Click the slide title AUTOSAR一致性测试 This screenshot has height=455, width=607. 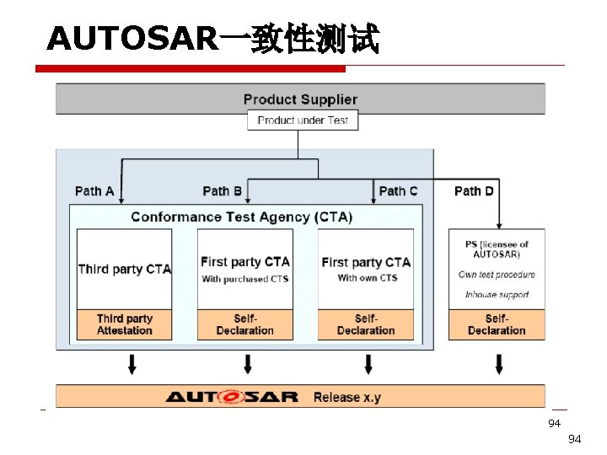click(x=213, y=39)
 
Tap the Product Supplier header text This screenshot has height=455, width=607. click(x=300, y=99)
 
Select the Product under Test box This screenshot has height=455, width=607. click(x=303, y=120)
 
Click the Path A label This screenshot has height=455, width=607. click(x=94, y=191)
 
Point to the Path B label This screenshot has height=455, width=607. click(x=223, y=191)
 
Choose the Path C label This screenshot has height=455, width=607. click(x=398, y=191)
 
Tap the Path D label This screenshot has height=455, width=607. click(x=474, y=191)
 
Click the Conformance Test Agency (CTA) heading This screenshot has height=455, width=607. click(x=242, y=217)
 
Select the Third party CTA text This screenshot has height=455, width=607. click(x=124, y=270)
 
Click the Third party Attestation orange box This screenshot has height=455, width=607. click(x=124, y=324)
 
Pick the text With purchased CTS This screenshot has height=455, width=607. click(x=245, y=279)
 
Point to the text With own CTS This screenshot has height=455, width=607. click(x=367, y=278)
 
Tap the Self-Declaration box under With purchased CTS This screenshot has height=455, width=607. click(x=245, y=324)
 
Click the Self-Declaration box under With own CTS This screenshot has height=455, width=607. click(x=366, y=324)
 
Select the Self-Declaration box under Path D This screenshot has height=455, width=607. click(x=497, y=324)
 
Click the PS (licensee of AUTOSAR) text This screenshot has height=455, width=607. click(x=497, y=249)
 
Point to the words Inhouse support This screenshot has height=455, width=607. click(x=497, y=295)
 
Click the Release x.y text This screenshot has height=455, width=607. click(x=347, y=397)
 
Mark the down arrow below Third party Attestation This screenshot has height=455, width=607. click(x=131, y=364)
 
